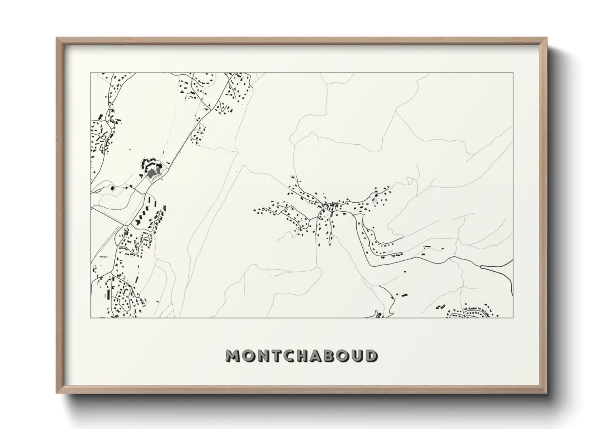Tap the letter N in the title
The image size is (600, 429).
[x=264, y=356]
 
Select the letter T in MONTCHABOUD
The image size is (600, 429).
[x=277, y=356]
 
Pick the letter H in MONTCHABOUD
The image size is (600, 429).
[x=306, y=356]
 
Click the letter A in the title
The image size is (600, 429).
[x=321, y=356]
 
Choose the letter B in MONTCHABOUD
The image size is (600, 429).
[x=335, y=356]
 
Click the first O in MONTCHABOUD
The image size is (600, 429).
[x=249, y=356]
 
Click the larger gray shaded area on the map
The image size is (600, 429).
[x=152, y=173]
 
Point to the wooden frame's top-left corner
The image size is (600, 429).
[x=57, y=38]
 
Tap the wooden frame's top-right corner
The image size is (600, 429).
[x=547, y=38]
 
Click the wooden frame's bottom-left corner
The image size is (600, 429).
[x=57, y=393]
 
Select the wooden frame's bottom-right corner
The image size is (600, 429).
[x=547, y=393]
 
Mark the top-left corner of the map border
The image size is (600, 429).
[x=91, y=73]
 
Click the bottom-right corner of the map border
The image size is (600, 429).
[x=513, y=317]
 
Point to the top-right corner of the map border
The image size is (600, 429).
[x=513, y=73]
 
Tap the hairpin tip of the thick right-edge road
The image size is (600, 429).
[x=481, y=266]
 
